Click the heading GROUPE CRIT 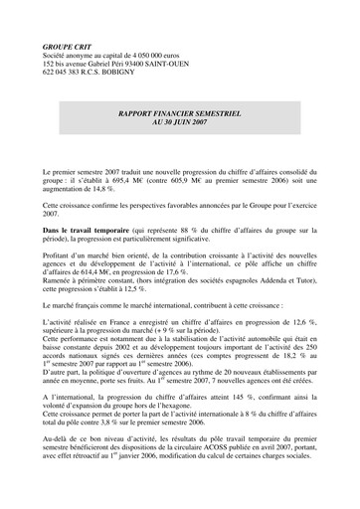click(x=69, y=48)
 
